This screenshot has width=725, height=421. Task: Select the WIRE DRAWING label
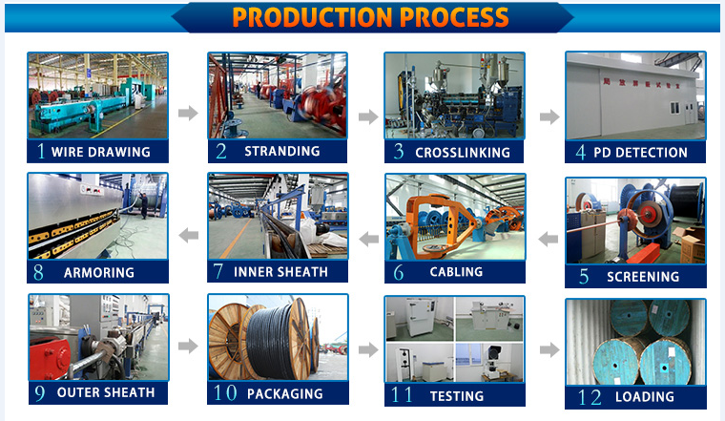(x=100, y=152)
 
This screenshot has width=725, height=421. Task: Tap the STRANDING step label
(x=281, y=151)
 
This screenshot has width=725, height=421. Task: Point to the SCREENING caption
(x=643, y=277)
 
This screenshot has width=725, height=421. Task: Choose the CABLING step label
(x=456, y=272)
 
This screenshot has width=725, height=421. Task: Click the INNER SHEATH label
(x=280, y=272)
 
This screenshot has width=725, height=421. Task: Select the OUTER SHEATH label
(x=106, y=392)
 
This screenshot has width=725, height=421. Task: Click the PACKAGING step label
(x=284, y=393)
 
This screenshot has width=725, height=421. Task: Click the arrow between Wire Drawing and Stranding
(x=188, y=114)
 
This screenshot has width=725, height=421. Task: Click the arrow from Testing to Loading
(x=549, y=349)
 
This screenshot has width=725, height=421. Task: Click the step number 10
(x=227, y=393)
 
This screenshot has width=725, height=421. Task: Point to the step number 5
(x=584, y=277)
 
